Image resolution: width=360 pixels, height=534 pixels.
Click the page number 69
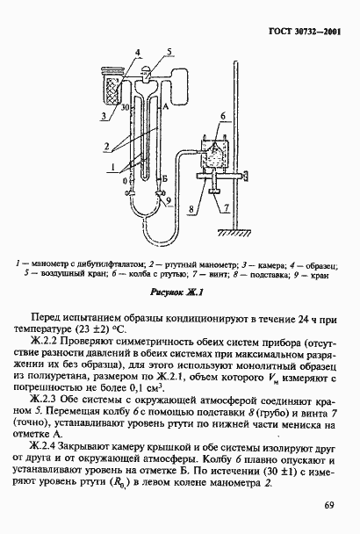coord(329,505)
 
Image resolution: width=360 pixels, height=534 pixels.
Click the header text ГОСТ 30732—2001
coord(303,32)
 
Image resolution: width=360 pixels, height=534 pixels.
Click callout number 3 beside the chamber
coord(103,115)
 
